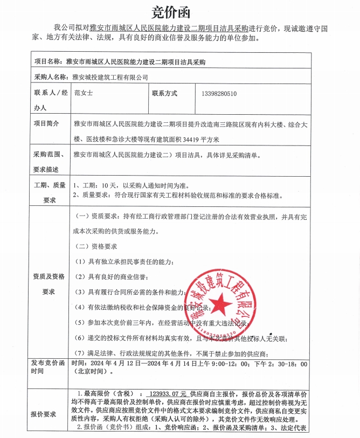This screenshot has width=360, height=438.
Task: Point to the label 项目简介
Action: [x=46, y=123]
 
